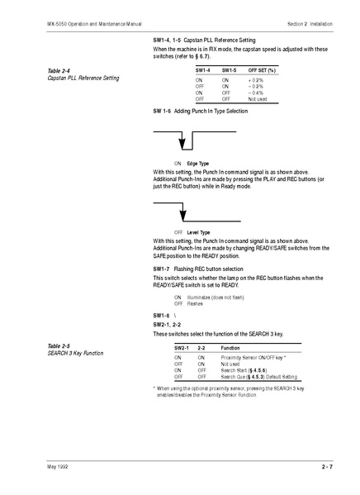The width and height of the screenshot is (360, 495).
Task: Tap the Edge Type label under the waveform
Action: tap(198, 164)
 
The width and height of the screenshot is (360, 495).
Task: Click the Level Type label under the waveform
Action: tap(198, 232)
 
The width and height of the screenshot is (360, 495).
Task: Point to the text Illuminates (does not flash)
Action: tap(216, 297)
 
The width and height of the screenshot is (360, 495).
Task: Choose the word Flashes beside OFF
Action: tap(195, 303)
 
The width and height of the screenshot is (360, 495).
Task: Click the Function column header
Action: tap(230, 348)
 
